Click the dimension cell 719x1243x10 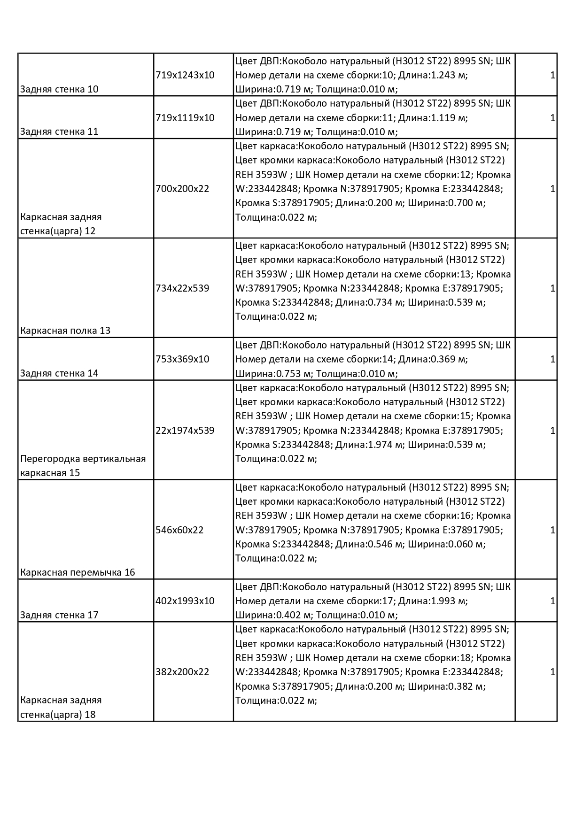[x=185, y=75]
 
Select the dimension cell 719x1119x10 [x=185, y=118]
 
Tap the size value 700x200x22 [x=182, y=189]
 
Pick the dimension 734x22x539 [x=182, y=288]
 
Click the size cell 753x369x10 [x=182, y=359]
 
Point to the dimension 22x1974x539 [x=185, y=431]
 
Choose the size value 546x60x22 [x=179, y=530]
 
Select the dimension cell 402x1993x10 [x=185, y=601]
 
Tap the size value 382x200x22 [x=182, y=672]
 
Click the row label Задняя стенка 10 [x=59, y=89]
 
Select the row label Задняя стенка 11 [x=59, y=131]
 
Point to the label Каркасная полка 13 [x=65, y=331]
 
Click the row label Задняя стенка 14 [x=59, y=374]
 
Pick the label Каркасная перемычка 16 [x=78, y=572]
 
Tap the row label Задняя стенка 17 [x=59, y=615]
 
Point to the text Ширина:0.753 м [x=273, y=374]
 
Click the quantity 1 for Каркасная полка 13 [x=552, y=288]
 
